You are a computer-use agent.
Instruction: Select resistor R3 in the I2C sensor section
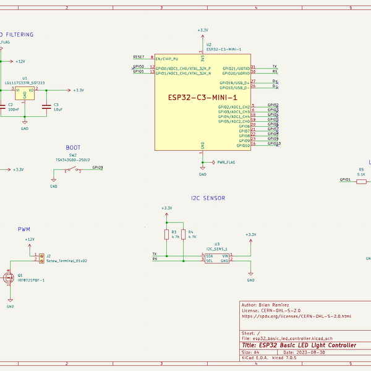point(166,234)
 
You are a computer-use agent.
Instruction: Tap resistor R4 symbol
point(184,234)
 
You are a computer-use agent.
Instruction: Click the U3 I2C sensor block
point(216,258)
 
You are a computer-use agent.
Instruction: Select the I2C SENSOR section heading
point(208,198)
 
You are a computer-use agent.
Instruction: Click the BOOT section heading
point(72,148)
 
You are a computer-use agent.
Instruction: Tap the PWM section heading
point(24,229)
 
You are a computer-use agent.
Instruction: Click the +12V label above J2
point(29,239)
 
